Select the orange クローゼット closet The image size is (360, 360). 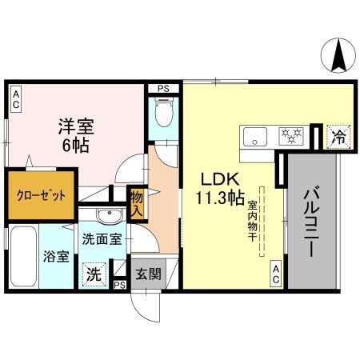(x=38, y=194)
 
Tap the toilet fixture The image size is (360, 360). (x=162, y=116)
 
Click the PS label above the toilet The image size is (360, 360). (x=163, y=89)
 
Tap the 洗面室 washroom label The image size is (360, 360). (x=102, y=238)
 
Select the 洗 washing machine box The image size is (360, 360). (x=94, y=272)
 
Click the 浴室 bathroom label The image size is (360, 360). (x=57, y=259)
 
